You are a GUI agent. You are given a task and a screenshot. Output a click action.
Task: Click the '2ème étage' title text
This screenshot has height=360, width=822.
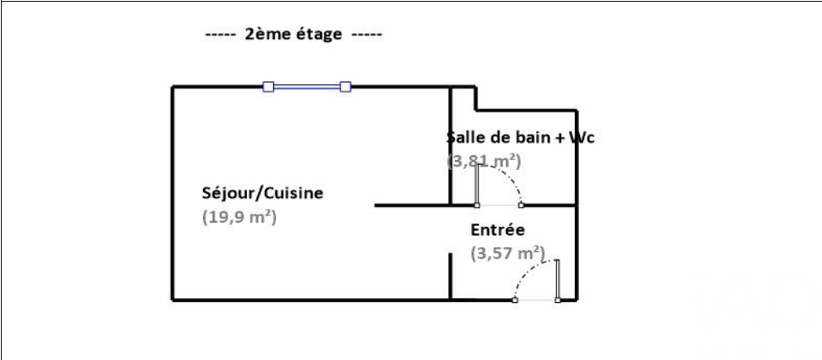(x=293, y=36)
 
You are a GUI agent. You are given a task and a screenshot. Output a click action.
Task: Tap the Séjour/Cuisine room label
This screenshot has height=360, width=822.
(x=262, y=193)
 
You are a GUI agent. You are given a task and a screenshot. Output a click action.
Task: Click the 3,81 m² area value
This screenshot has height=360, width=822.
(x=484, y=161)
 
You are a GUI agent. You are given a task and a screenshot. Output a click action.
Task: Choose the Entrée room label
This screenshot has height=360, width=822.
(x=498, y=230)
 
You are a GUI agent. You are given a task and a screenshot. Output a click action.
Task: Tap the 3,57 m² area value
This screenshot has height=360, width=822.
(x=508, y=254)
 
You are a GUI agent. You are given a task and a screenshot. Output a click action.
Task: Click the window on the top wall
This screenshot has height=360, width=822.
(x=307, y=86)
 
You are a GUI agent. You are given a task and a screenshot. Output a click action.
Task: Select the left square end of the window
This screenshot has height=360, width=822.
(x=269, y=86)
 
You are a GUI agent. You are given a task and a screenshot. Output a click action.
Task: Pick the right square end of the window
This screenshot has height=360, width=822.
(x=345, y=86)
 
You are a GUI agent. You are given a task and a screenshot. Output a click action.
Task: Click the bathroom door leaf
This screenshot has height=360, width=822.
(x=478, y=184)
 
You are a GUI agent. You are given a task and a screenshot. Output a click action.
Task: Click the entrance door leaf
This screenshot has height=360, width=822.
(x=558, y=280)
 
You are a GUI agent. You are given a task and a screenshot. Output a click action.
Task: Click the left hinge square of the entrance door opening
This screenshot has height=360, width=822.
(x=516, y=301)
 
